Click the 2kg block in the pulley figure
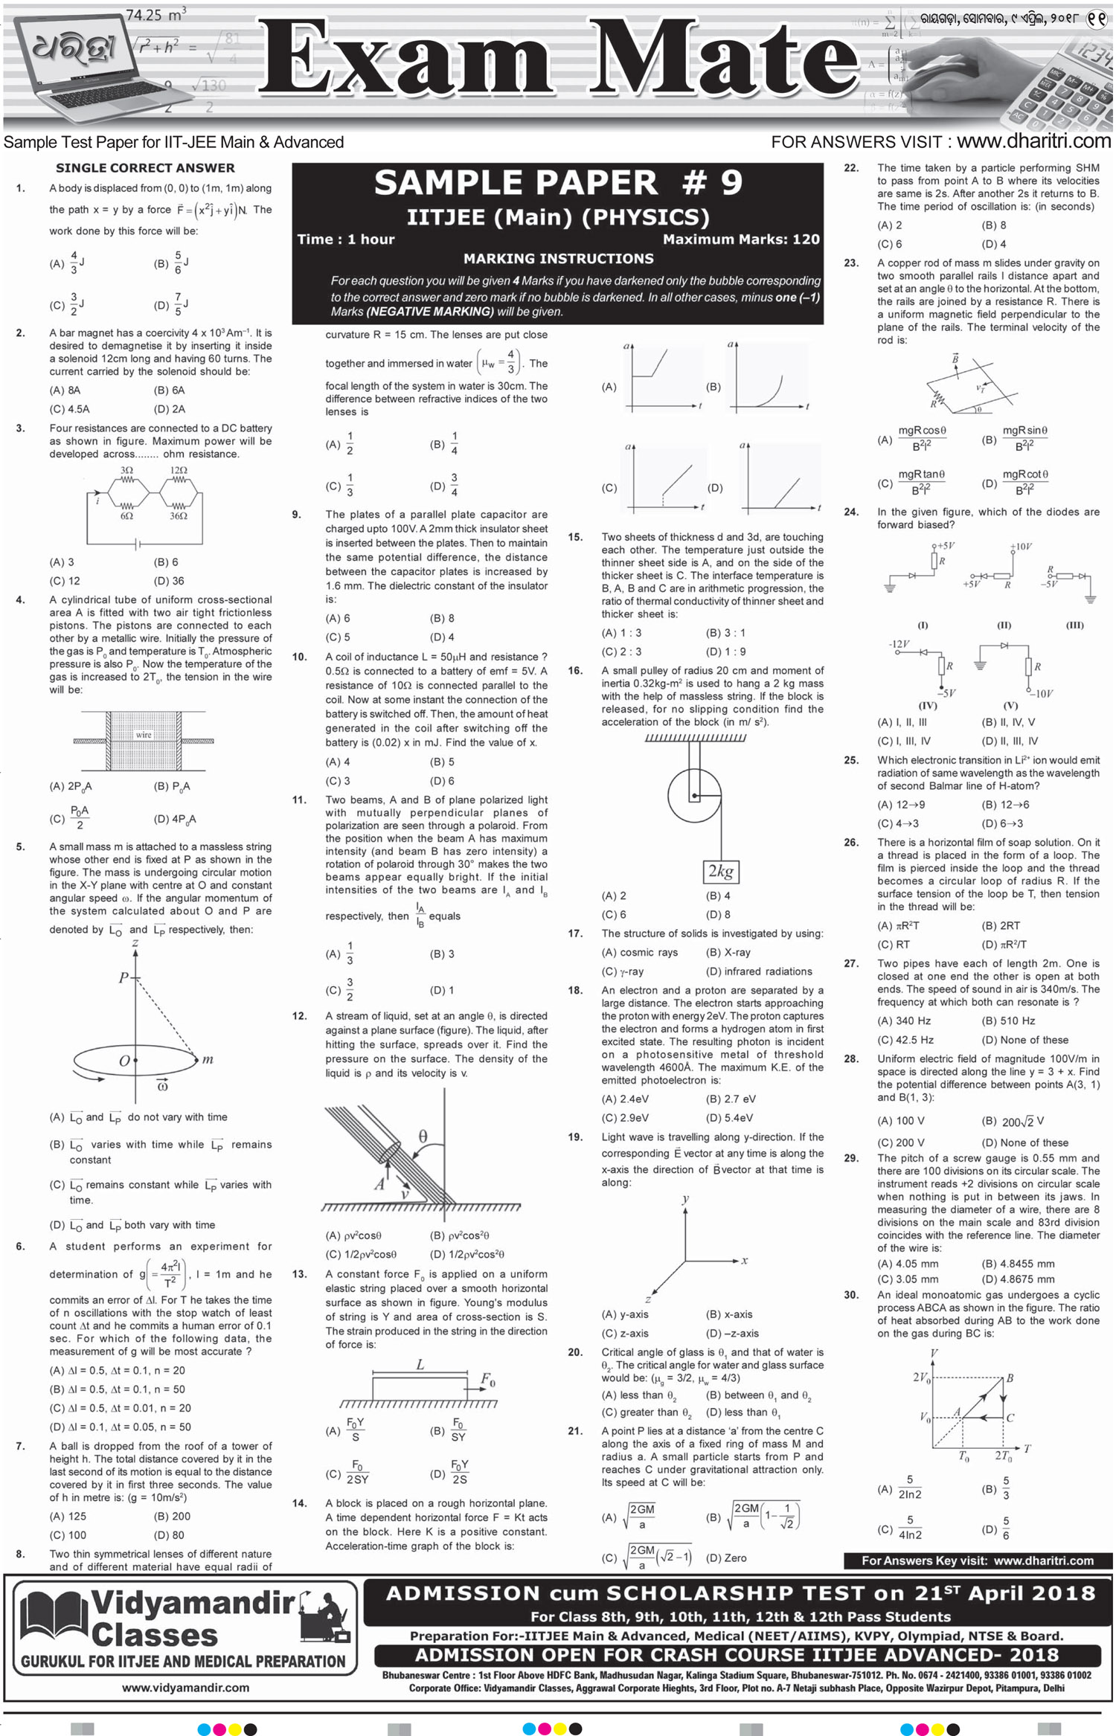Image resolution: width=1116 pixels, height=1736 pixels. pos(720,871)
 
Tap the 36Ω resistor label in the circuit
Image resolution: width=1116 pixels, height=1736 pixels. pos(178,516)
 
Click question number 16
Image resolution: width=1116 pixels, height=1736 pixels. pos(575,670)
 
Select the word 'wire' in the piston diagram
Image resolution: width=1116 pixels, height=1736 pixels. pos(144,735)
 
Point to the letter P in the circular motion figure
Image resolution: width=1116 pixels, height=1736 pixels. pos(124,977)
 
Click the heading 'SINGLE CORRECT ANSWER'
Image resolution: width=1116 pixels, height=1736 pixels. pos(145,168)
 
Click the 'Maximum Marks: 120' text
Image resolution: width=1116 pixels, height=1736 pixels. pos(741,239)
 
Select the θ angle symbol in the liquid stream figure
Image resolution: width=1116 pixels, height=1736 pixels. pos(423,1137)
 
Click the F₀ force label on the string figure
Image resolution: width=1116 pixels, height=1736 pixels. pos(488,1380)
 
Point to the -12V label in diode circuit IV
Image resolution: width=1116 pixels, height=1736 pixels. pos(899,643)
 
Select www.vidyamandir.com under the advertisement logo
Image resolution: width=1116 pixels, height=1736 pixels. pos(185,1688)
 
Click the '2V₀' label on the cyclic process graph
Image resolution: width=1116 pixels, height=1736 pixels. pos(921,1377)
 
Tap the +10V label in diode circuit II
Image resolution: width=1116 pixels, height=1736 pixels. pos(1021,547)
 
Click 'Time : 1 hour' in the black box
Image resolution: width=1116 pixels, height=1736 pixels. pos(346,239)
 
